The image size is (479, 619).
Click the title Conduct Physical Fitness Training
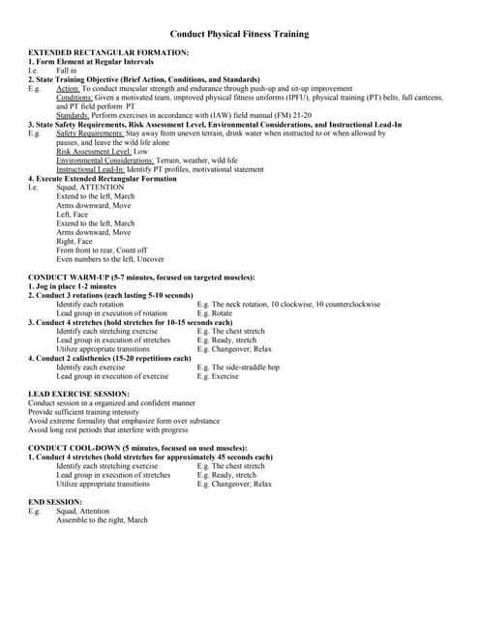[239, 34]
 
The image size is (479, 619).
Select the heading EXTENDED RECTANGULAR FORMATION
[108, 51]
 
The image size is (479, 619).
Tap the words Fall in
[66, 71]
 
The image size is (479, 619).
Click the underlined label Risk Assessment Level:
[94, 151]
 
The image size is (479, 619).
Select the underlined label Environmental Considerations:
[111, 160]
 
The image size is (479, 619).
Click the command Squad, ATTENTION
[91, 187]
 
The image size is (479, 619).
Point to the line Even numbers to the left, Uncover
[110, 259]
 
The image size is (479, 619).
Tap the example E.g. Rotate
[215, 313]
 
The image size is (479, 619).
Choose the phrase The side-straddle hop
[247, 368]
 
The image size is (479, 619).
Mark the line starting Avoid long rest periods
[108, 429]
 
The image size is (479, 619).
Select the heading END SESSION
[56, 502]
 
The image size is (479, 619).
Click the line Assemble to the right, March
[102, 519]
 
